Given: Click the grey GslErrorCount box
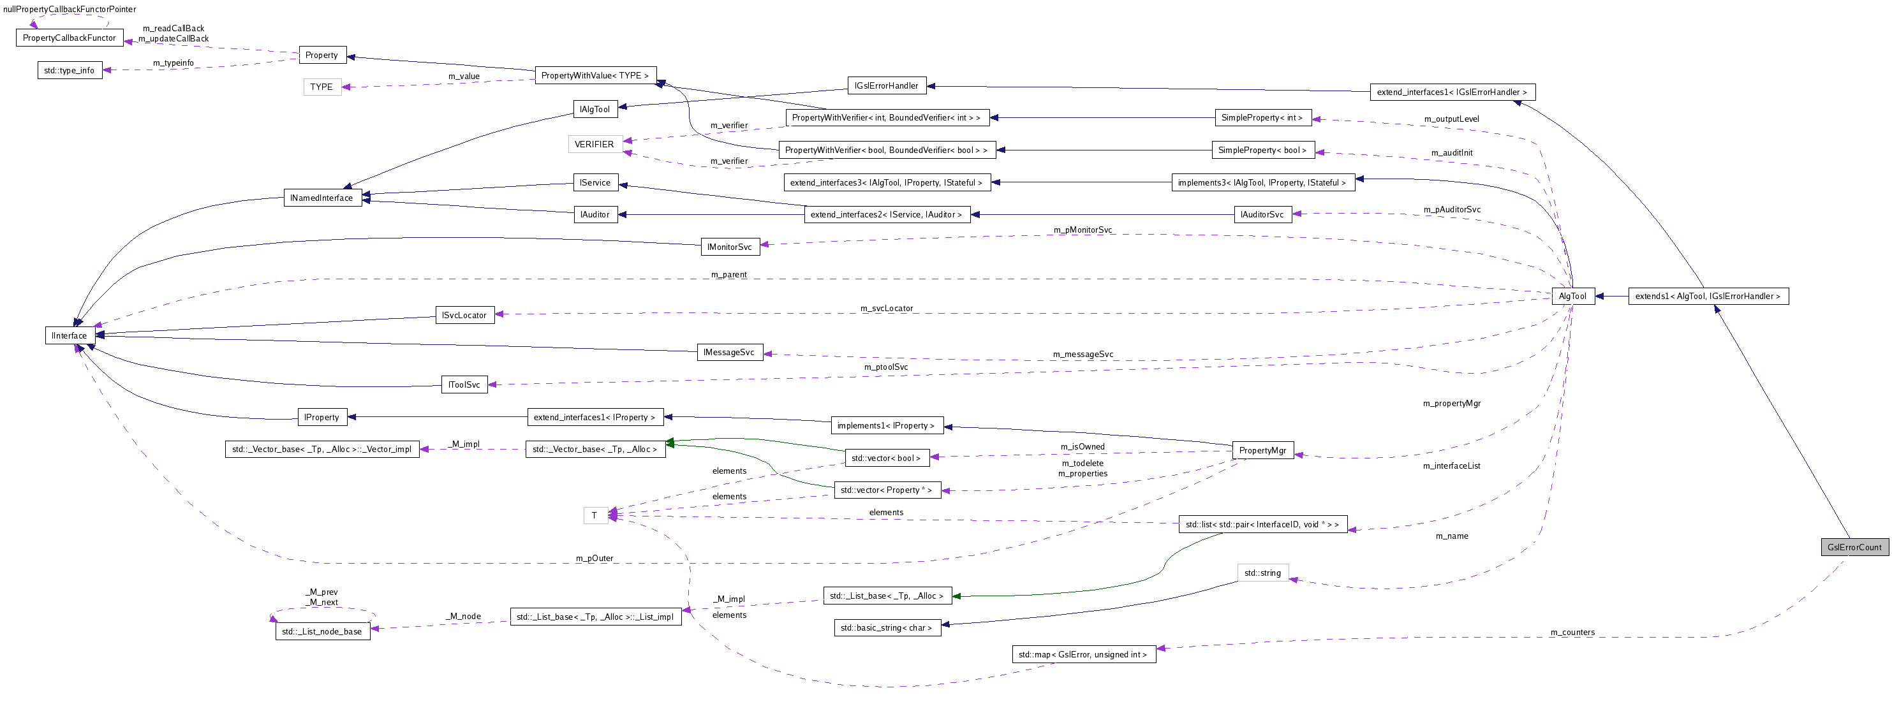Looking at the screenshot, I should [1854, 547].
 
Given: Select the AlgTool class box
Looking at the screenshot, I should [1572, 296].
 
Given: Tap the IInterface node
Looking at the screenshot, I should [70, 335].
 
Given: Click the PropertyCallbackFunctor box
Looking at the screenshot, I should [69, 38].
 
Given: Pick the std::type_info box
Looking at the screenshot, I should [69, 71].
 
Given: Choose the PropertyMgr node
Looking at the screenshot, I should [1262, 450].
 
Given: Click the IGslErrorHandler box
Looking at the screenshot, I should [886, 86].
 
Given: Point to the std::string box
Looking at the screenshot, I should [1262, 573].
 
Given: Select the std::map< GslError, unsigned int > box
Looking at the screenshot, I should [1083, 654].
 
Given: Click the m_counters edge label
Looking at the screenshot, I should [1572, 633].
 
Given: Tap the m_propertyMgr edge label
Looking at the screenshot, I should [1451, 403].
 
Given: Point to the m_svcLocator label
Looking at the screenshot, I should [886, 309].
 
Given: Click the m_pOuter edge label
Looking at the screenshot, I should [594, 559].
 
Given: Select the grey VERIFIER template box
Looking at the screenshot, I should [594, 144].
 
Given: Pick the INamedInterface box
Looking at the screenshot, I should [321, 198].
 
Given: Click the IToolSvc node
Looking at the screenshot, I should [464, 385].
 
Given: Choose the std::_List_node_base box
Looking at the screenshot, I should [321, 632].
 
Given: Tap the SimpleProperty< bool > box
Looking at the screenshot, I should [1262, 150].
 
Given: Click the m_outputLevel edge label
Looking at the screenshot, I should [1451, 119].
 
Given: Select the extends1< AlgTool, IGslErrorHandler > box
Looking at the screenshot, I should [1708, 296].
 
